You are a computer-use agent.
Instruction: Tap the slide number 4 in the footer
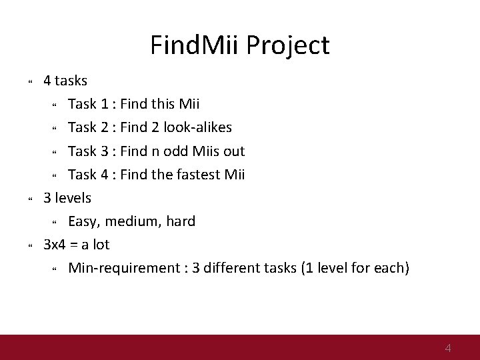pyautogui.click(x=448, y=347)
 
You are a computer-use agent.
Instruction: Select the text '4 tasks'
pyautogui.click(x=65, y=81)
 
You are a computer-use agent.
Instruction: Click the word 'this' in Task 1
pyautogui.click(x=165, y=104)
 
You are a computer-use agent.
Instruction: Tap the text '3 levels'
pyautogui.click(x=67, y=198)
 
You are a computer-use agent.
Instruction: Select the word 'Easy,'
pyautogui.click(x=85, y=221)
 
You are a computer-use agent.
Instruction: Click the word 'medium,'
pyautogui.click(x=134, y=221)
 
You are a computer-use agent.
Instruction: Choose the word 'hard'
pyautogui.click(x=180, y=221)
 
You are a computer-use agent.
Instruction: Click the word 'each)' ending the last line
pyautogui.click(x=393, y=268)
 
